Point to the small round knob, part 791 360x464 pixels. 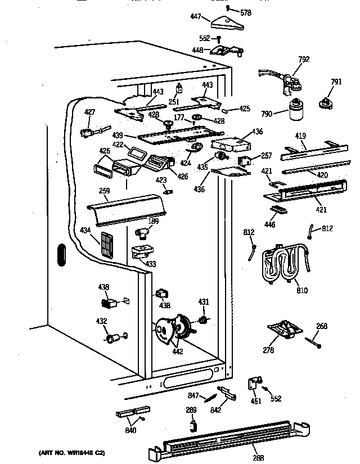click(x=324, y=102)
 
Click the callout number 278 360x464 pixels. click(x=269, y=350)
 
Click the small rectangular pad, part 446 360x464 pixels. click(x=278, y=210)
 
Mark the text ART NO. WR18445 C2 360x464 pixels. click(x=71, y=452)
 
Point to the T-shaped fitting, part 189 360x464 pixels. click(x=145, y=231)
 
